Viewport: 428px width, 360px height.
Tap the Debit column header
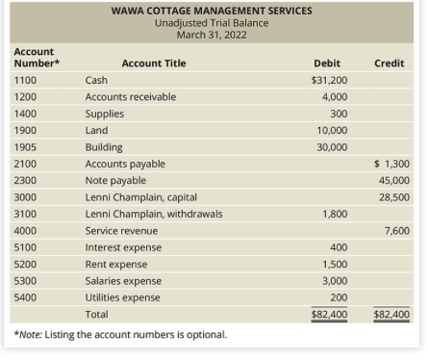327,64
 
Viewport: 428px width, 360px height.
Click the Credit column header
389,64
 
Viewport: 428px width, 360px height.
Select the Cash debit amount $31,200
329,80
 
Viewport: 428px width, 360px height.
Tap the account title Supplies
104,114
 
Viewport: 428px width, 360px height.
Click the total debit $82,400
329,314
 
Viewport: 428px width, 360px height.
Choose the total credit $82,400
390,314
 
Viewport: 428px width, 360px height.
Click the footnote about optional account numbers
120,335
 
